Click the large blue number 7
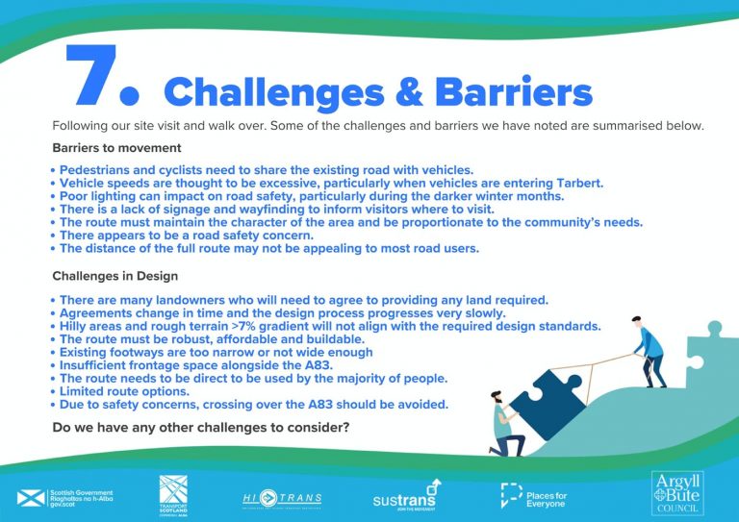pos(93,78)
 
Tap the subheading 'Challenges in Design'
pos(115,276)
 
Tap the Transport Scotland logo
pos(173,495)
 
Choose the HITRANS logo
pos(282,498)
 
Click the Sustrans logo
pos(405,497)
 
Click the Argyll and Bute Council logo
pos(678,493)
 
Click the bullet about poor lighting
pos(312,196)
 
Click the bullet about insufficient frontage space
pos(196,366)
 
